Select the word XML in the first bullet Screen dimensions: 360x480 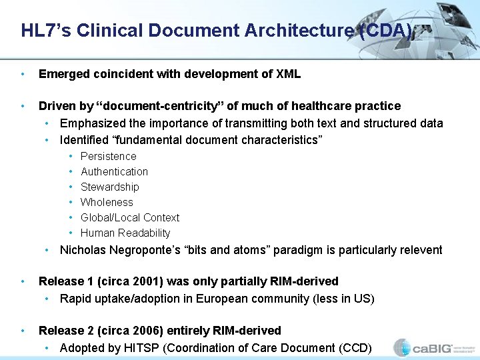point(288,74)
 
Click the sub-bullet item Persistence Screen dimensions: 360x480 point(108,156)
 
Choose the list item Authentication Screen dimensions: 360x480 point(114,171)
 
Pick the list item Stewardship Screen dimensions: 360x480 point(109,187)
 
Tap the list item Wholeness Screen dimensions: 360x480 point(107,202)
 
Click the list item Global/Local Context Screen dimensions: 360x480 point(130,217)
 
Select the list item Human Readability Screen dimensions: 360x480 point(125,233)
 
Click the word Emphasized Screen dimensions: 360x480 point(90,123)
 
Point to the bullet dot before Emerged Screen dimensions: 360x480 point(23,74)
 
